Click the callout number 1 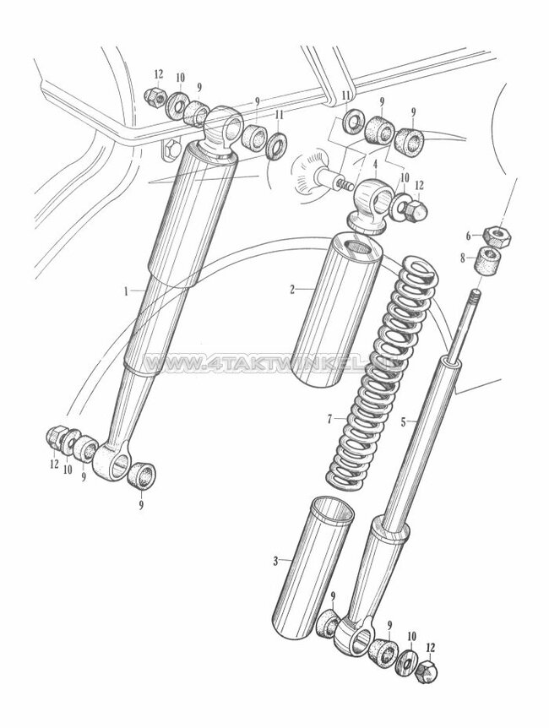tap(126, 291)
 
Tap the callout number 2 tap(291, 289)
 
